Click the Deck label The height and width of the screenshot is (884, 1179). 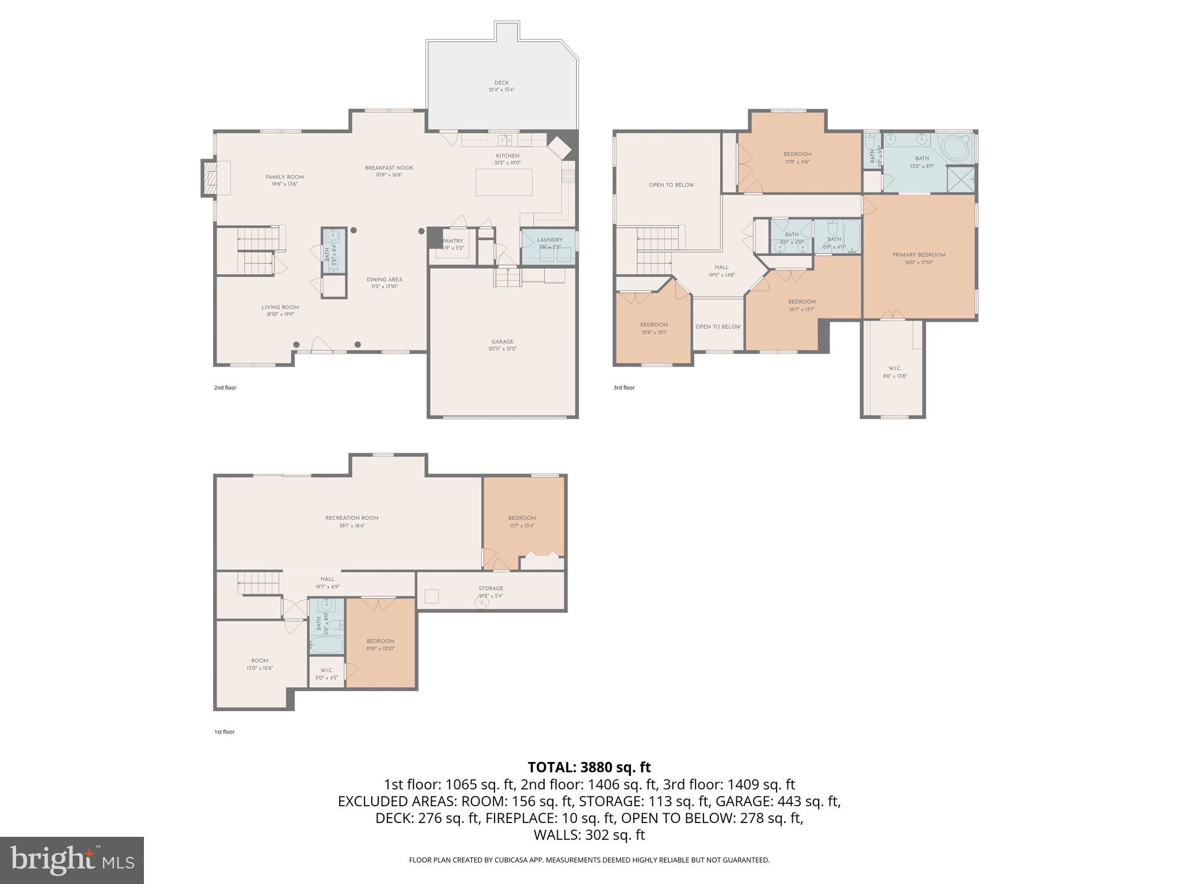click(x=501, y=86)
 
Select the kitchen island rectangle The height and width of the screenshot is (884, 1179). click(x=504, y=182)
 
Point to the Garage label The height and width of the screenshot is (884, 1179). click(x=502, y=345)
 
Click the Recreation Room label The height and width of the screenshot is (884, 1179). click(x=352, y=521)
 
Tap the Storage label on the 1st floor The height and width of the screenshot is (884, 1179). click(x=490, y=592)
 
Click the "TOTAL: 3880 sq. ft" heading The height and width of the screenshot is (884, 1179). click(x=589, y=767)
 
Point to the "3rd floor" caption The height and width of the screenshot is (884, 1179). click(x=624, y=387)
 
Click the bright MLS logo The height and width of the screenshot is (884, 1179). click(x=72, y=860)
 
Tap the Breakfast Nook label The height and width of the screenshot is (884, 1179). click(x=389, y=171)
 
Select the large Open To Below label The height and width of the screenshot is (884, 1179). click(x=671, y=185)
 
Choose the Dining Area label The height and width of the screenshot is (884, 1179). click(x=384, y=283)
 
